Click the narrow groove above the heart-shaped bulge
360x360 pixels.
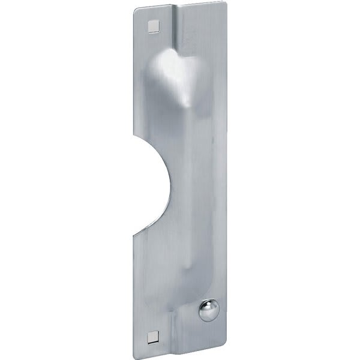pos(180,30)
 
